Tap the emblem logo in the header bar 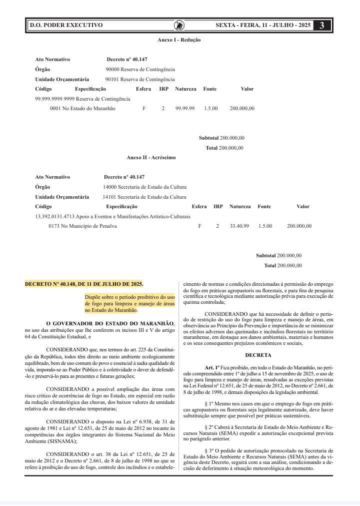point(179,25)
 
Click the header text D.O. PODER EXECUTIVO point(66,25)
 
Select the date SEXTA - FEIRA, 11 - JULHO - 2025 point(263,25)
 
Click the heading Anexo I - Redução point(179,40)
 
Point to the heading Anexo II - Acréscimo point(151,158)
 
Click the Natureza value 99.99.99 point(185,108)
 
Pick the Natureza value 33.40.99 point(239,226)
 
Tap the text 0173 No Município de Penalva point(82,226)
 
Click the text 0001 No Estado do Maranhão point(82,108)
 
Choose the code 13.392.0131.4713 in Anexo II point(57,216)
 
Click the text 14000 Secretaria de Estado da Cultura point(144,187)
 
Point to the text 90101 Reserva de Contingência point(140,79)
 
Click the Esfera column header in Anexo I point(143,89)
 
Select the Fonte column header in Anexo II point(264,206)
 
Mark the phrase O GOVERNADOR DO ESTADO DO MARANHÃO point(109,323)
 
